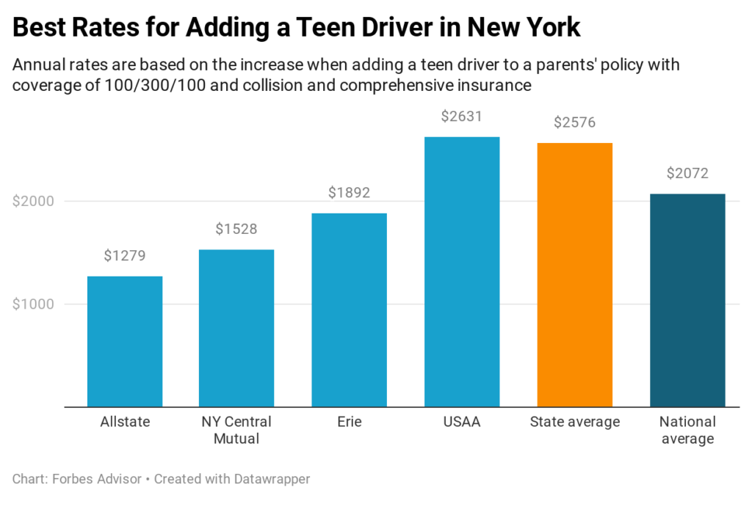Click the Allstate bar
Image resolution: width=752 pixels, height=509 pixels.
click(125, 341)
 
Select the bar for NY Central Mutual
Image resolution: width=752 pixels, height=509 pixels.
click(236, 328)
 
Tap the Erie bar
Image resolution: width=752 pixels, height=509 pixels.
click(349, 310)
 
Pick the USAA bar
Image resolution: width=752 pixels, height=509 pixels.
click(462, 271)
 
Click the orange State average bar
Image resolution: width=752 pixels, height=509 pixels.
click(575, 274)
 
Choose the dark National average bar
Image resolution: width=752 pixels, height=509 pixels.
click(687, 300)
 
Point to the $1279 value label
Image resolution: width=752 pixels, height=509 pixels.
click(125, 256)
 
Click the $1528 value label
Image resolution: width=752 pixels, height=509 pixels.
click(236, 230)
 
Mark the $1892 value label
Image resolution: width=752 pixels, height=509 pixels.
click(349, 193)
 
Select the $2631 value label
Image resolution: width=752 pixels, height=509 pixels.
click(462, 117)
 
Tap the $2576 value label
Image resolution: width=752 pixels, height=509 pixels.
click(575, 122)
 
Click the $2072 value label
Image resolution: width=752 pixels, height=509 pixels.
click(687, 174)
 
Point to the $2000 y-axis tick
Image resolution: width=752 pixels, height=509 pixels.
click(34, 202)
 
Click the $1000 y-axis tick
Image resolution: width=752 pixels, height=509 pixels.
click(34, 304)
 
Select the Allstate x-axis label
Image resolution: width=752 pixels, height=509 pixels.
click(125, 422)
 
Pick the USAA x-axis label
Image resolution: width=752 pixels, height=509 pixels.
click(462, 422)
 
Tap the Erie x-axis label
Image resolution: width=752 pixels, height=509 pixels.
click(349, 422)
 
